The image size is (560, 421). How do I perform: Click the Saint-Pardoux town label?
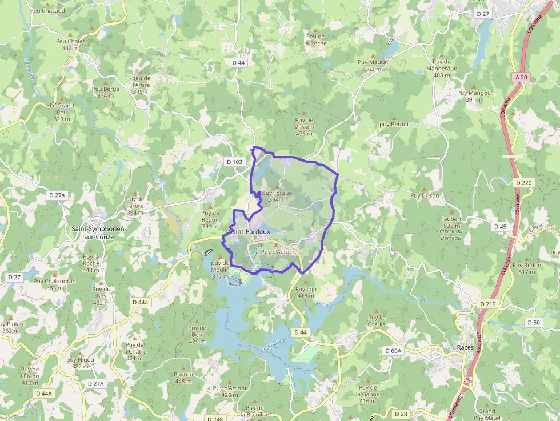(x=250, y=231)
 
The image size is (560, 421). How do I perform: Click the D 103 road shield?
(x=234, y=162)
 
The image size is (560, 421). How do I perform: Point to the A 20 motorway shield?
(x=521, y=77)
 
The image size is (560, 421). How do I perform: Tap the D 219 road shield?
(x=488, y=304)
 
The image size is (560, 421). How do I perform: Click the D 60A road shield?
(x=394, y=351)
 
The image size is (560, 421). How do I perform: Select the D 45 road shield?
(x=500, y=227)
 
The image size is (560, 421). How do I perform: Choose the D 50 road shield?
(x=534, y=323)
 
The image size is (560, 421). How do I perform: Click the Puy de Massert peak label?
(x=304, y=127)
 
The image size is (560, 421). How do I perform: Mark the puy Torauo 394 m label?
(x=277, y=196)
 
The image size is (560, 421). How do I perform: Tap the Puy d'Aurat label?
(x=276, y=251)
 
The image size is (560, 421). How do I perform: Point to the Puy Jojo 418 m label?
(x=306, y=292)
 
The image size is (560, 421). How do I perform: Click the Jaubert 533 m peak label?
(x=451, y=222)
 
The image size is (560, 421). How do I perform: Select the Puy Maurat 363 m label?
(x=373, y=65)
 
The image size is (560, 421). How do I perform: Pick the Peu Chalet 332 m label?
(x=70, y=44)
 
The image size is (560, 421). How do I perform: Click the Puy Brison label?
(x=425, y=195)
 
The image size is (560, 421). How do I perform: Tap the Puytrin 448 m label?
(x=183, y=378)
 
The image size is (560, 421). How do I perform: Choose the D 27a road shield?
(x=57, y=195)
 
